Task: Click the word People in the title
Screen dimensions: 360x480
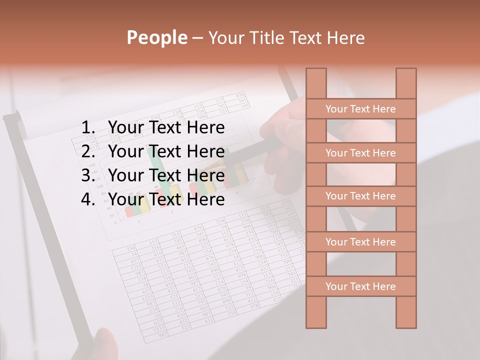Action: pos(156,38)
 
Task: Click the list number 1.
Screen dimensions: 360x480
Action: pos(87,128)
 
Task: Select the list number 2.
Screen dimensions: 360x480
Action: pos(87,151)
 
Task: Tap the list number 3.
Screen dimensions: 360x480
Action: pos(87,175)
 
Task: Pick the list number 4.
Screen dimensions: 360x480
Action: pos(87,199)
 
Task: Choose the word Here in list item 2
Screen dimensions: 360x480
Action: pos(205,151)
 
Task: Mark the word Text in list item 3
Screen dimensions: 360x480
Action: pos(164,175)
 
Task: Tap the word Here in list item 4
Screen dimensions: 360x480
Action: pos(205,199)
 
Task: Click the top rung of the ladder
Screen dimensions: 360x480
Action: pos(360,109)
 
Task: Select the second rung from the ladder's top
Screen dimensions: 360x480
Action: pos(360,153)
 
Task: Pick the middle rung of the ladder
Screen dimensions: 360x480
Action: pos(360,196)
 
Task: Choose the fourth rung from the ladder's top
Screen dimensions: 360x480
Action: pos(360,242)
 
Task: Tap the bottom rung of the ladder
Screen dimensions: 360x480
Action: pos(360,286)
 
